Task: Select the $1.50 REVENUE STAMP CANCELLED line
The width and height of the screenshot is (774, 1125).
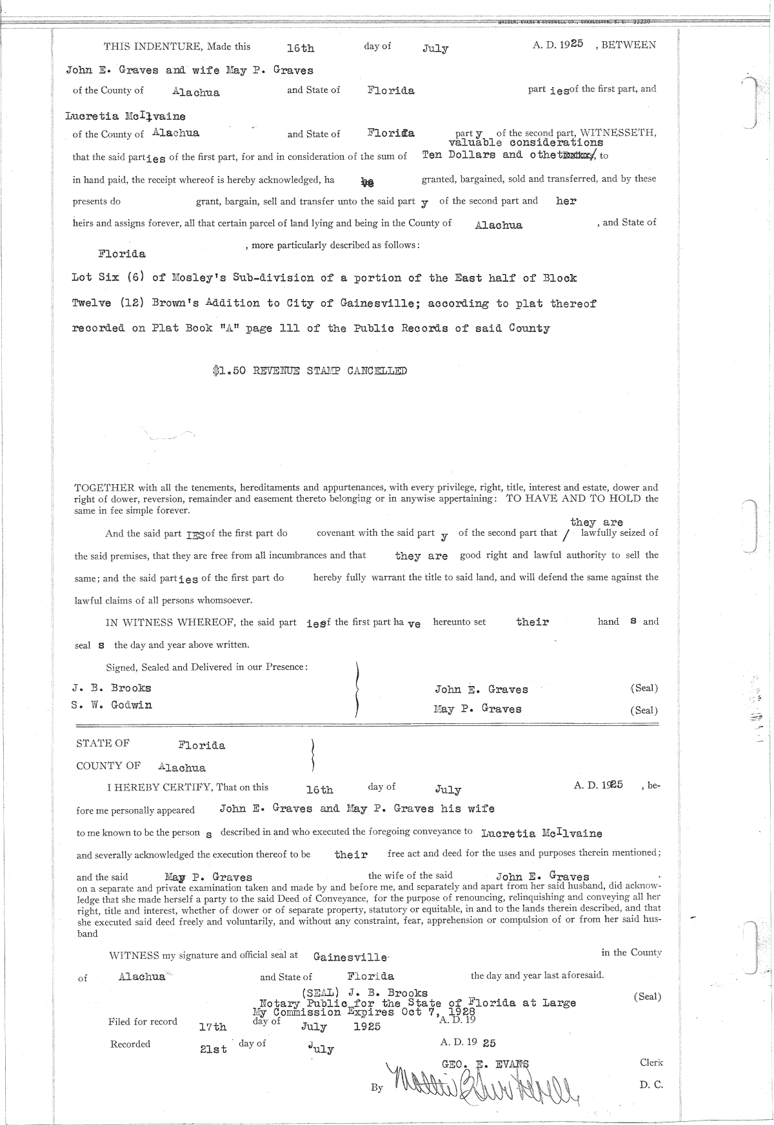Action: [x=310, y=371]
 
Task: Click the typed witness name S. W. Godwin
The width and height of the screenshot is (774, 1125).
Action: [x=112, y=705]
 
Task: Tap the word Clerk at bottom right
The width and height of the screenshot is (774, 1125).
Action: [x=651, y=1062]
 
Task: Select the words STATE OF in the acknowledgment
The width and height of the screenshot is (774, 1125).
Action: [x=103, y=743]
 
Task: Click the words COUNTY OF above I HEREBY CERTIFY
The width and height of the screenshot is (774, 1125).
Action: [x=108, y=766]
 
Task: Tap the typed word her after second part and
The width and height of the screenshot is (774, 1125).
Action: [x=566, y=201]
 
